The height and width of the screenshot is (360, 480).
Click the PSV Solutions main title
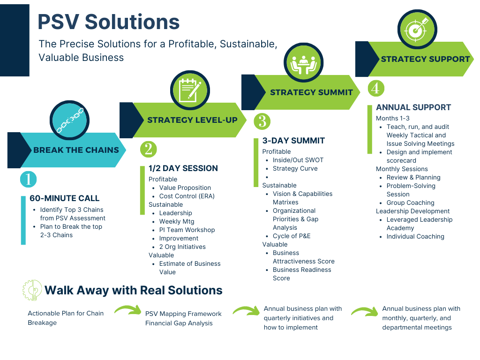click(x=109, y=22)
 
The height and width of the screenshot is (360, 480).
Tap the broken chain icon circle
click(x=70, y=120)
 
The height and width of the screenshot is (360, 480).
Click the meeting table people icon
click(x=304, y=62)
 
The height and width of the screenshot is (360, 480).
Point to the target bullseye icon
click(x=417, y=29)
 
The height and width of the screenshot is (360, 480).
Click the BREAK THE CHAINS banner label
click(x=76, y=150)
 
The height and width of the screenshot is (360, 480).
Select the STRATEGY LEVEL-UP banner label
click(x=192, y=120)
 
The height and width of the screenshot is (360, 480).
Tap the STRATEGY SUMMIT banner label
click(x=311, y=92)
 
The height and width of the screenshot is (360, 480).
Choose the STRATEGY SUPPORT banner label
click(x=425, y=59)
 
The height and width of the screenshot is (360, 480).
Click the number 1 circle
click(x=28, y=179)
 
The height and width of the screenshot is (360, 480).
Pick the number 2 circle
click(x=149, y=149)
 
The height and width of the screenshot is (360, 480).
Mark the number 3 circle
click(x=262, y=121)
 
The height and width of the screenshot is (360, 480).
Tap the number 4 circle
click(x=376, y=88)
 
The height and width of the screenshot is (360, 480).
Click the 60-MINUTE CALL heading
click(x=65, y=198)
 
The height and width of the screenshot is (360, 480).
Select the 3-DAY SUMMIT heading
click(x=293, y=141)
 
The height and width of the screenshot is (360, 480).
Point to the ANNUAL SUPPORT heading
click(x=413, y=107)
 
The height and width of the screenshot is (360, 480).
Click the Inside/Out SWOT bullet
click(x=298, y=160)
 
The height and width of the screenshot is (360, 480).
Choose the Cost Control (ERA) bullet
click(x=187, y=196)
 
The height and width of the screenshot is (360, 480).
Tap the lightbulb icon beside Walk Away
click(x=32, y=290)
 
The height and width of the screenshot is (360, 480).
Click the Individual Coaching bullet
click(x=415, y=236)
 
